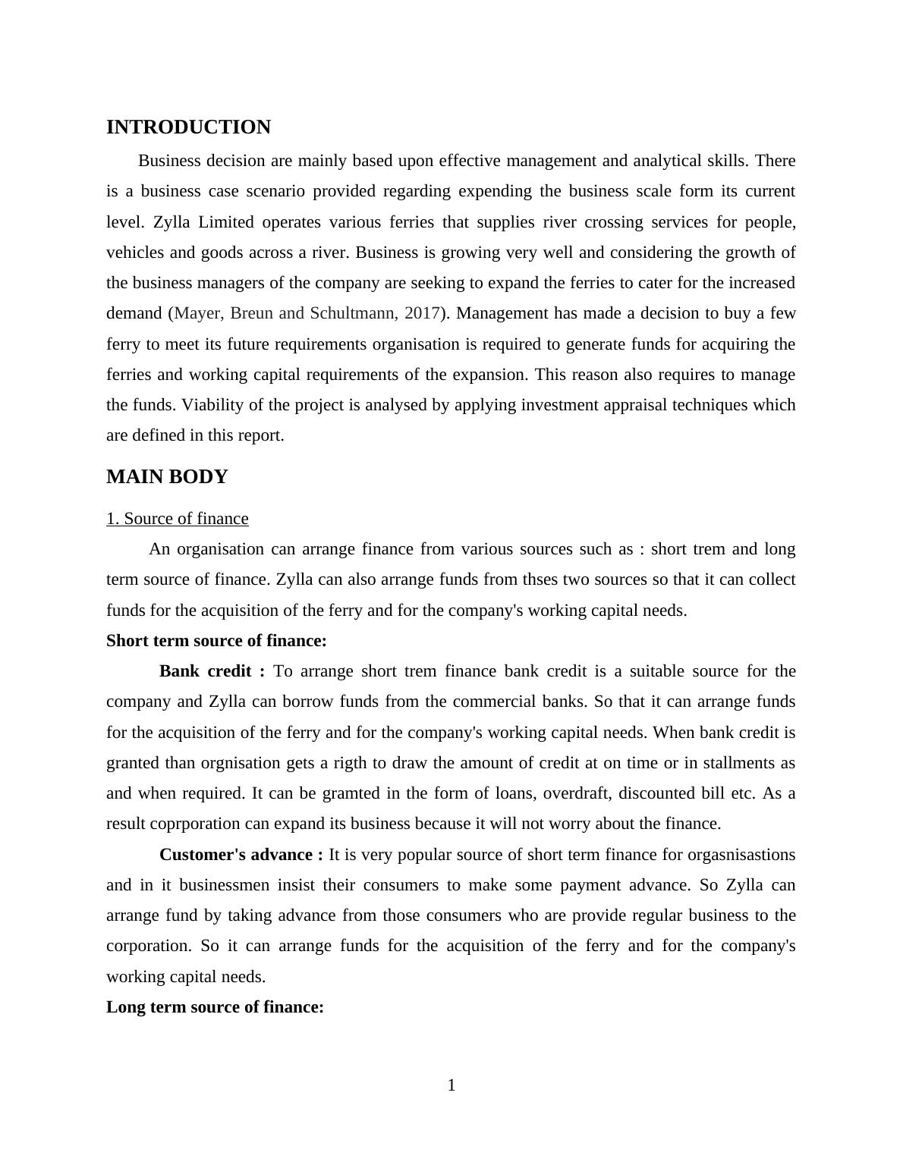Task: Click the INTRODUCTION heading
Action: click(x=188, y=127)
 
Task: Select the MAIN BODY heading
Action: click(x=167, y=477)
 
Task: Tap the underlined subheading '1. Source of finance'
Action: click(x=178, y=519)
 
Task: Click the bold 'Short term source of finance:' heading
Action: click(x=216, y=641)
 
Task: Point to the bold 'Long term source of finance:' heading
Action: click(x=215, y=1007)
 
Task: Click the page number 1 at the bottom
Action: click(x=451, y=1085)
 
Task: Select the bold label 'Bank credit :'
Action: click(x=212, y=671)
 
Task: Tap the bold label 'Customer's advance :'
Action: click(x=241, y=855)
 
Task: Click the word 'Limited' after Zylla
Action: click(x=225, y=222)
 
